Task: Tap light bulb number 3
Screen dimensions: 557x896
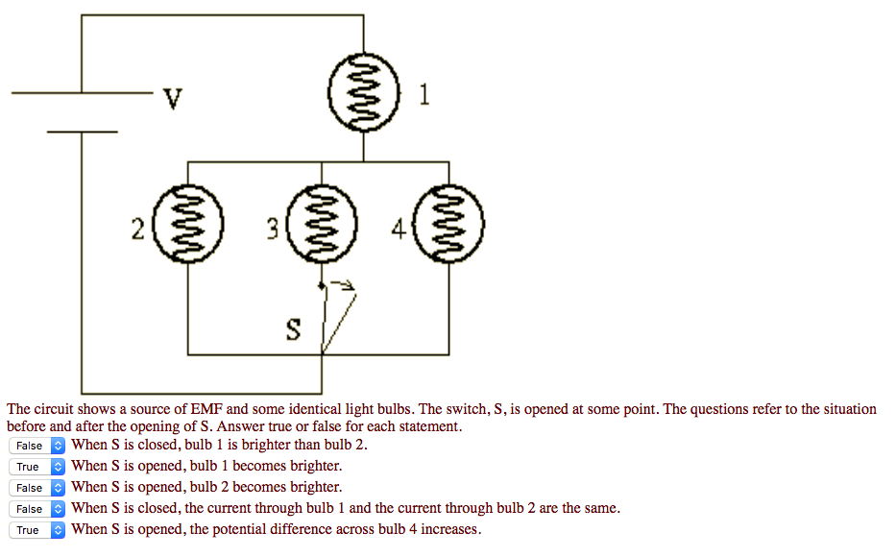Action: [321, 228]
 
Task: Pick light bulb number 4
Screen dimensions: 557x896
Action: [448, 228]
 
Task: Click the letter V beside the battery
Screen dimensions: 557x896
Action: [172, 99]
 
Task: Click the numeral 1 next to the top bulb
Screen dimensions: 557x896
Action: [424, 95]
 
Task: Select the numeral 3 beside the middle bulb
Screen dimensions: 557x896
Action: [272, 229]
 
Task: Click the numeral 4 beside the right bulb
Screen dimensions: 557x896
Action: [398, 229]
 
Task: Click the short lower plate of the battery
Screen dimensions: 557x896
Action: [82, 131]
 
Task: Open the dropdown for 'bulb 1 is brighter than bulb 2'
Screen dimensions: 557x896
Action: [37, 446]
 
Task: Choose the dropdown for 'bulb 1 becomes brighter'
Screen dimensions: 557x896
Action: [37, 467]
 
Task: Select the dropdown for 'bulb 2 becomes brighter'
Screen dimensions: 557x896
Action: [37, 488]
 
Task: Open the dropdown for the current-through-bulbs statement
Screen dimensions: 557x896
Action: [37, 509]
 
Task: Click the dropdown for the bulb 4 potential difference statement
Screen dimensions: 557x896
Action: [37, 530]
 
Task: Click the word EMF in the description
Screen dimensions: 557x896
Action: [206, 409]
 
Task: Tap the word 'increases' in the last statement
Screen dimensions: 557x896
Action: [448, 530]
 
